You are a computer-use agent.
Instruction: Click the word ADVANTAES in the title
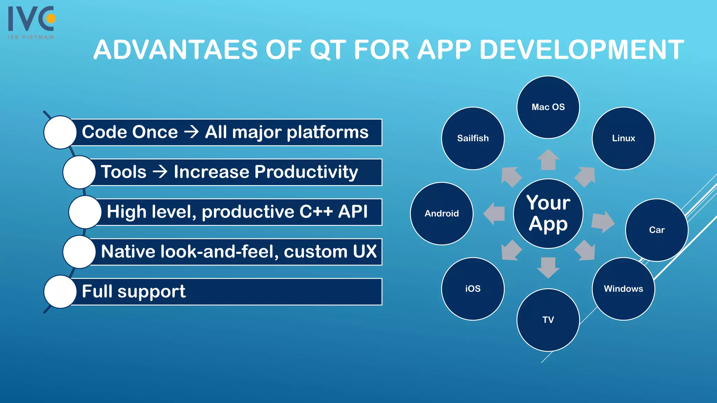tap(175, 50)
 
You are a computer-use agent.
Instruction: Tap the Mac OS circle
tap(548, 107)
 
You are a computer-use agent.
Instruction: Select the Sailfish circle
tap(473, 138)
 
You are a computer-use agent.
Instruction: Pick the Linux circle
tap(623, 138)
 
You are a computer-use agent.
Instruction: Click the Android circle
tap(441, 213)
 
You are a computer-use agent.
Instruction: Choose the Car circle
tap(656, 230)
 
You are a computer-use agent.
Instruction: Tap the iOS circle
tap(473, 289)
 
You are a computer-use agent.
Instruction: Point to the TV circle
tap(548, 320)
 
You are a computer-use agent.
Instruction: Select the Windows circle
tap(623, 289)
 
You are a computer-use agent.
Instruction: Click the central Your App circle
tap(548, 213)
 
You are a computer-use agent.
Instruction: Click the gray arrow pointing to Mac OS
tap(548, 160)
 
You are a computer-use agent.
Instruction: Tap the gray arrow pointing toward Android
tap(494, 213)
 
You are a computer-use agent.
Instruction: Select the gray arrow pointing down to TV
tap(548, 267)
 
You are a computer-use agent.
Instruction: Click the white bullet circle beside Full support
tap(60, 292)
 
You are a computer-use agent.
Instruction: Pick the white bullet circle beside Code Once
tap(60, 132)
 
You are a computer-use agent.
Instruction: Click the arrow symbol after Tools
tap(160, 172)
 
